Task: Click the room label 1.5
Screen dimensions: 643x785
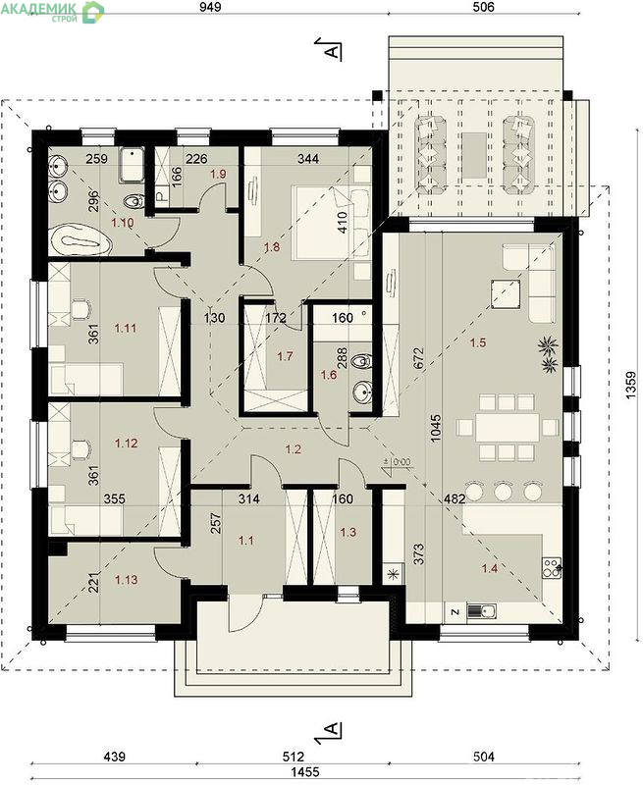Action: pos(478,342)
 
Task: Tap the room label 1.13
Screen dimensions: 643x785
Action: pos(127,580)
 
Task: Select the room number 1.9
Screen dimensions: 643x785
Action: pos(218,175)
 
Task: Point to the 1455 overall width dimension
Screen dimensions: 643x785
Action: pos(305,771)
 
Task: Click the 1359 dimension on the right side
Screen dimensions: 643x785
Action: pos(630,386)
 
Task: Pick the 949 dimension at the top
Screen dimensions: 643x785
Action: pos(210,7)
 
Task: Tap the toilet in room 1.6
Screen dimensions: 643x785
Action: pos(361,361)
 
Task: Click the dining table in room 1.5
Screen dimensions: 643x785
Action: pos(508,428)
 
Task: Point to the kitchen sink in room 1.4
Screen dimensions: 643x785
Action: pos(481,611)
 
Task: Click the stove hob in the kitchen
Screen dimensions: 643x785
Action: pos(551,568)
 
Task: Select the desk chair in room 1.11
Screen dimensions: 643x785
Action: pos(80,308)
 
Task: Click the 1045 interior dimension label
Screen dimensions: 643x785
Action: pos(435,427)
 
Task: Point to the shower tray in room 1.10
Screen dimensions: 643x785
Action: pos(132,165)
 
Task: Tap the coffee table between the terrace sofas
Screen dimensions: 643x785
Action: pos(475,155)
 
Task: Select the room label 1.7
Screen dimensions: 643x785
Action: pos(285,356)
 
